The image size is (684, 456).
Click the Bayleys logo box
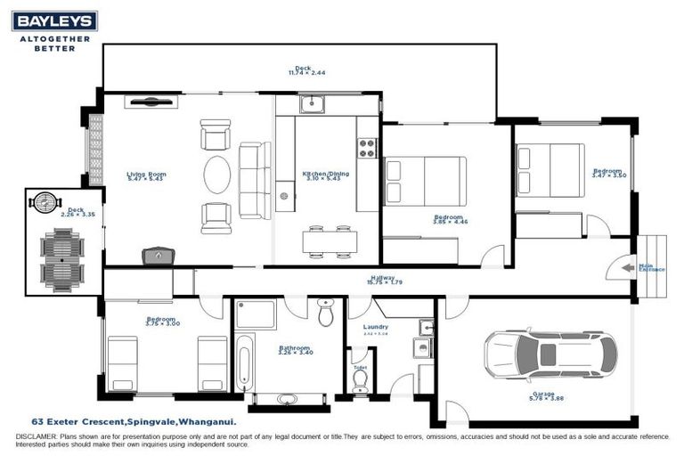[55, 21]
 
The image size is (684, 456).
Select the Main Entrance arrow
[628, 266]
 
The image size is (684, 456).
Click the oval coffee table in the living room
[217, 175]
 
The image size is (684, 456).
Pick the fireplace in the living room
[158, 256]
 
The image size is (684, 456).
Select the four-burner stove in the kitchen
[367, 149]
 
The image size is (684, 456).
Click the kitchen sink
[312, 105]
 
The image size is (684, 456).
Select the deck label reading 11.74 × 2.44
[303, 69]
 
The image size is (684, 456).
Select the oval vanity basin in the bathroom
[289, 398]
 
